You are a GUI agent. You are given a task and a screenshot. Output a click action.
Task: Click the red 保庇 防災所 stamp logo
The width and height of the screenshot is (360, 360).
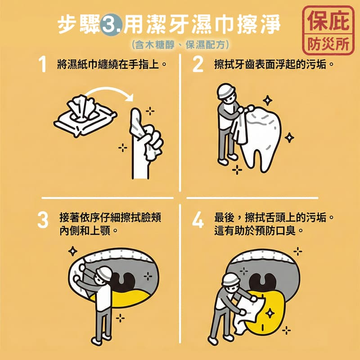coord(328,31)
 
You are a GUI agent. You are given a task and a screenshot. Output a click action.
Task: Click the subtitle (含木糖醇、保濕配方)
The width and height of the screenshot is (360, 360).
coord(180,45)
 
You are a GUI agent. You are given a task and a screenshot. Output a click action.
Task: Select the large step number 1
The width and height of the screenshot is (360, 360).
coord(42,64)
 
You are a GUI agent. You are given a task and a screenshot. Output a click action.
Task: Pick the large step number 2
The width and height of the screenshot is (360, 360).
coord(198,64)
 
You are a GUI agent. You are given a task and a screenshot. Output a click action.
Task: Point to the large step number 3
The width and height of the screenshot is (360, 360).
coord(43,220)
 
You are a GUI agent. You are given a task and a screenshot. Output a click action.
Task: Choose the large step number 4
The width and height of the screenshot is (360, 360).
coord(198,220)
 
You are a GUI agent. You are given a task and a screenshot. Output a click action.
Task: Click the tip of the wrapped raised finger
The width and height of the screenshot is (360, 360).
coord(136,110)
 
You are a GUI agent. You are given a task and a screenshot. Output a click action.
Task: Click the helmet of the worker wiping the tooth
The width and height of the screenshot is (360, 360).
coord(226,90)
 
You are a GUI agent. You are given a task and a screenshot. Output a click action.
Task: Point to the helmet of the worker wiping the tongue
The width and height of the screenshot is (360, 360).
coord(231,280)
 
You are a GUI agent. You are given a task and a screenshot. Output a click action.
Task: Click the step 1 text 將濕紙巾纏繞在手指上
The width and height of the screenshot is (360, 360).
coord(108,64)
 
